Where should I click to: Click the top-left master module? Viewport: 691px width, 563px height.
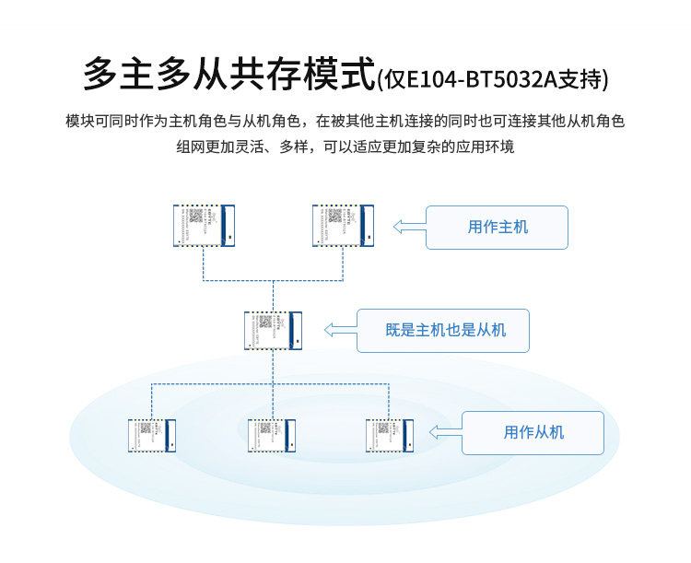(x=204, y=225)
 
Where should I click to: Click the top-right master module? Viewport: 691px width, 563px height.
(x=342, y=225)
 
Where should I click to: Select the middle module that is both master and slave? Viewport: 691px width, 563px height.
(x=273, y=331)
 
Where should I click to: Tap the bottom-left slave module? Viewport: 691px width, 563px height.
(x=152, y=436)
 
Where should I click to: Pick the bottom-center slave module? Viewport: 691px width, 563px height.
(x=272, y=436)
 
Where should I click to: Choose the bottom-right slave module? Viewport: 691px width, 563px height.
(x=389, y=436)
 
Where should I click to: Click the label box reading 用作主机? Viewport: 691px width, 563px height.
(x=497, y=227)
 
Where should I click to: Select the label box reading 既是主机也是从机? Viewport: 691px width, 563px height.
(x=444, y=330)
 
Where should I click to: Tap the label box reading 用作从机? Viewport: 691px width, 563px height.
(x=533, y=432)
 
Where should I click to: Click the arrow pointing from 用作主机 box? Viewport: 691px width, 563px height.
(x=408, y=227)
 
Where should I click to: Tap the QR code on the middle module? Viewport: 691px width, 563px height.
(x=265, y=323)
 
